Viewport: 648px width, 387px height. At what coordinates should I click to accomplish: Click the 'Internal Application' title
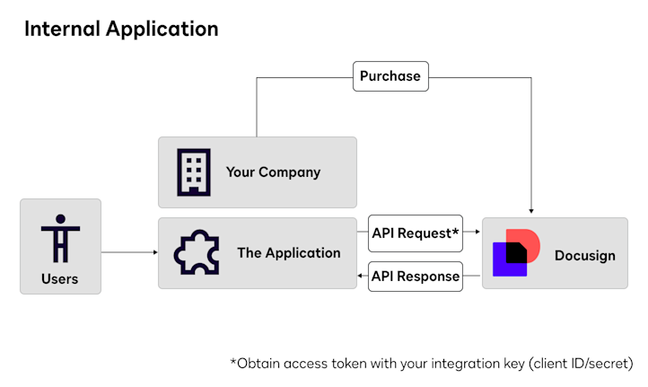point(121,29)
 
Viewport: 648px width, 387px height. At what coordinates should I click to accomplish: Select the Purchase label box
point(390,76)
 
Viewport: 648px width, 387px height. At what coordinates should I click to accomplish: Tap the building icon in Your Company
point(194,172)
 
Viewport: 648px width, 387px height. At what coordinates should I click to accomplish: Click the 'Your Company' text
point(273,172)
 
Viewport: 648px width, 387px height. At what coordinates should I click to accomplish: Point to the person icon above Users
point(60,238)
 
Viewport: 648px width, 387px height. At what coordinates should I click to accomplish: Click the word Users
point(60,279)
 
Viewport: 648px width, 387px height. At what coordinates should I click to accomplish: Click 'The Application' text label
point(289,253)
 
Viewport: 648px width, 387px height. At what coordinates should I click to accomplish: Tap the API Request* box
point(416,233)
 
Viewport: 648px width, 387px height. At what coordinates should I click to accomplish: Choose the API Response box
point(416,276)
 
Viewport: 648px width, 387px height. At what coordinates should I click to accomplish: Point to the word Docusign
point(585,256)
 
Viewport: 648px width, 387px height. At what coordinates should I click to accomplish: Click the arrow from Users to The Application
point(129,252)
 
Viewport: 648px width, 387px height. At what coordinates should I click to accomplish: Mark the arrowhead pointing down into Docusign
point(532,212)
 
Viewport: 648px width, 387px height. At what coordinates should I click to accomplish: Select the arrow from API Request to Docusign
point(472,233)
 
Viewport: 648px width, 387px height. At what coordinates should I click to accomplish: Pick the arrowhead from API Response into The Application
point(361,276)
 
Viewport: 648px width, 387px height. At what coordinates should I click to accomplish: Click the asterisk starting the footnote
point(233,364)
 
